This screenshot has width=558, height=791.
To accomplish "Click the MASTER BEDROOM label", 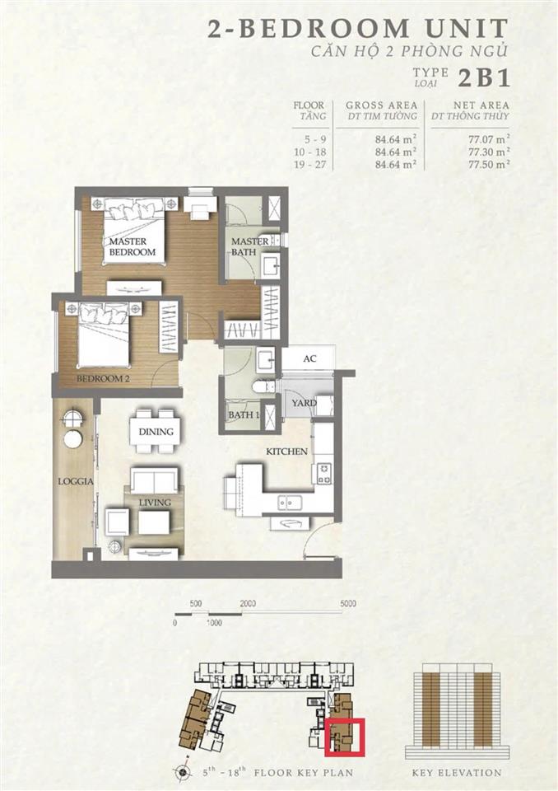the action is (x=132, y=246).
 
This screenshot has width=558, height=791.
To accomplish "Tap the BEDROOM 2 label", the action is (x=103, y=378).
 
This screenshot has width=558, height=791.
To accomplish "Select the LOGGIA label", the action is (x=76, y=481).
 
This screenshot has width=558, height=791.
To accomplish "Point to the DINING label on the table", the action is (x=156, y=432).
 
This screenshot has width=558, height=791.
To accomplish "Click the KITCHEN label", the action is (x=286, y=452).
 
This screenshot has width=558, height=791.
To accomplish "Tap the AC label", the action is (x=309, y=358).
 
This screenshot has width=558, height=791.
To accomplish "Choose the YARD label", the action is (x=304, y=403).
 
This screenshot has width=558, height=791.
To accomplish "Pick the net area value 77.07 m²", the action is (x=489, y=138).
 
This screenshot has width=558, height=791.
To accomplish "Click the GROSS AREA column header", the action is (x=382, y=105).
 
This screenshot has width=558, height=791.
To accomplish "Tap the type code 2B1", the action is (x=484, y=78).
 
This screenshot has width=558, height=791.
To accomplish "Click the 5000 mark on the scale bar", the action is (x=348, y=603).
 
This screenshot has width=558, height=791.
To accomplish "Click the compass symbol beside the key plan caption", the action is (x=183, y=772).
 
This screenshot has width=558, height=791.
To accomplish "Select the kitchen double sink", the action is (x=290, y=502).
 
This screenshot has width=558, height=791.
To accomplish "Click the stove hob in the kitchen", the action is (x=324, y=474).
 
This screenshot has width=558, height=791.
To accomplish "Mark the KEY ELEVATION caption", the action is (x=457, y=772).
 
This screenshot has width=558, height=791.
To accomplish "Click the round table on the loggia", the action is (x=73, y=438).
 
